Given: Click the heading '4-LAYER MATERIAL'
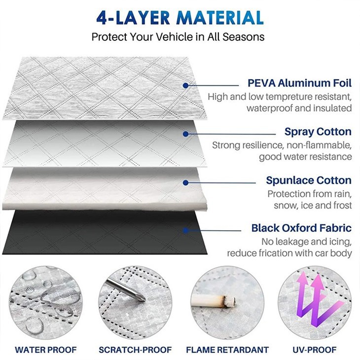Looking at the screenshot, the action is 180,17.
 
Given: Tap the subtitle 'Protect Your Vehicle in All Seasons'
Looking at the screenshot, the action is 178,36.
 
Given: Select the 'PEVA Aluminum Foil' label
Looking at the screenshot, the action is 299,83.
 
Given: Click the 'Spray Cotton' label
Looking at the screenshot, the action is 318,132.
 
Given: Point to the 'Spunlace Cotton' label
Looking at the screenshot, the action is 309,180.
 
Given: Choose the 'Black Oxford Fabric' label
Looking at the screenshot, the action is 301,228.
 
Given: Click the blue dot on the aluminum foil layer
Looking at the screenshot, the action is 186,85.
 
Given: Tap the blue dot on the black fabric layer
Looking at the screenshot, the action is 186,230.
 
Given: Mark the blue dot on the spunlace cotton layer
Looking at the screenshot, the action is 186,182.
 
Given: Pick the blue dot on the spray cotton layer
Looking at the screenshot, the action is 186,134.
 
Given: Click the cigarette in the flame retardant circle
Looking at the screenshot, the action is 214,300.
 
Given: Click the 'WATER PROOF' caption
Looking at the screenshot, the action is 46,350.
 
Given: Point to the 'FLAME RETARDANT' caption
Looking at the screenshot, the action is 227,350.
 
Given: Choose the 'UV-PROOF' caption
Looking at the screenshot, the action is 314,350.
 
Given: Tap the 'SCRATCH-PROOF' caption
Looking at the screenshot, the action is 135,350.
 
